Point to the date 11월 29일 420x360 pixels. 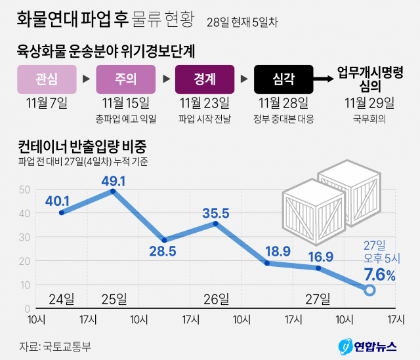(369, 103)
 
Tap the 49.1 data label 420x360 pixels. (113, 180)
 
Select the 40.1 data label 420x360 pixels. (57, 201)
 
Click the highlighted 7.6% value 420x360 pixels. (379, 276)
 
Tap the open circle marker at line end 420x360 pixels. (370, 290)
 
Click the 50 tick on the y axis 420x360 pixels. (25, 190)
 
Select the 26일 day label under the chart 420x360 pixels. (217, 300)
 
